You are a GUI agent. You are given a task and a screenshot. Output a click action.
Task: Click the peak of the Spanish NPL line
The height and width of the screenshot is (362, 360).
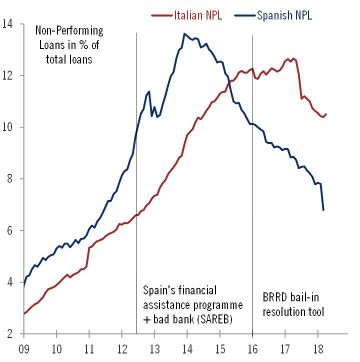click(184, 34)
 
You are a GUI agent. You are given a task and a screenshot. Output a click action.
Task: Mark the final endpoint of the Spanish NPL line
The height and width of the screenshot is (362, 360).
click(323, 209)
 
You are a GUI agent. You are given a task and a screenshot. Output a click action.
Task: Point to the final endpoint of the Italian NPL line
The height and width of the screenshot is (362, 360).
click(326, 114)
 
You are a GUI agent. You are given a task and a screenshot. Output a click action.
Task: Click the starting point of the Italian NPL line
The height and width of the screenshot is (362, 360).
click(24, 314)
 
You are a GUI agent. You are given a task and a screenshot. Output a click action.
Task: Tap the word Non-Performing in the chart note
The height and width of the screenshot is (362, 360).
click(69, 31)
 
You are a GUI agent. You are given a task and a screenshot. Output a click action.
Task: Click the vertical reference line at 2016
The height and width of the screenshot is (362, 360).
click(252, 200)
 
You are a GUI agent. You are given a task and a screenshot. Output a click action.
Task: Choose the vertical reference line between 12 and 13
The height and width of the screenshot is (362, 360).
click(136, 200)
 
